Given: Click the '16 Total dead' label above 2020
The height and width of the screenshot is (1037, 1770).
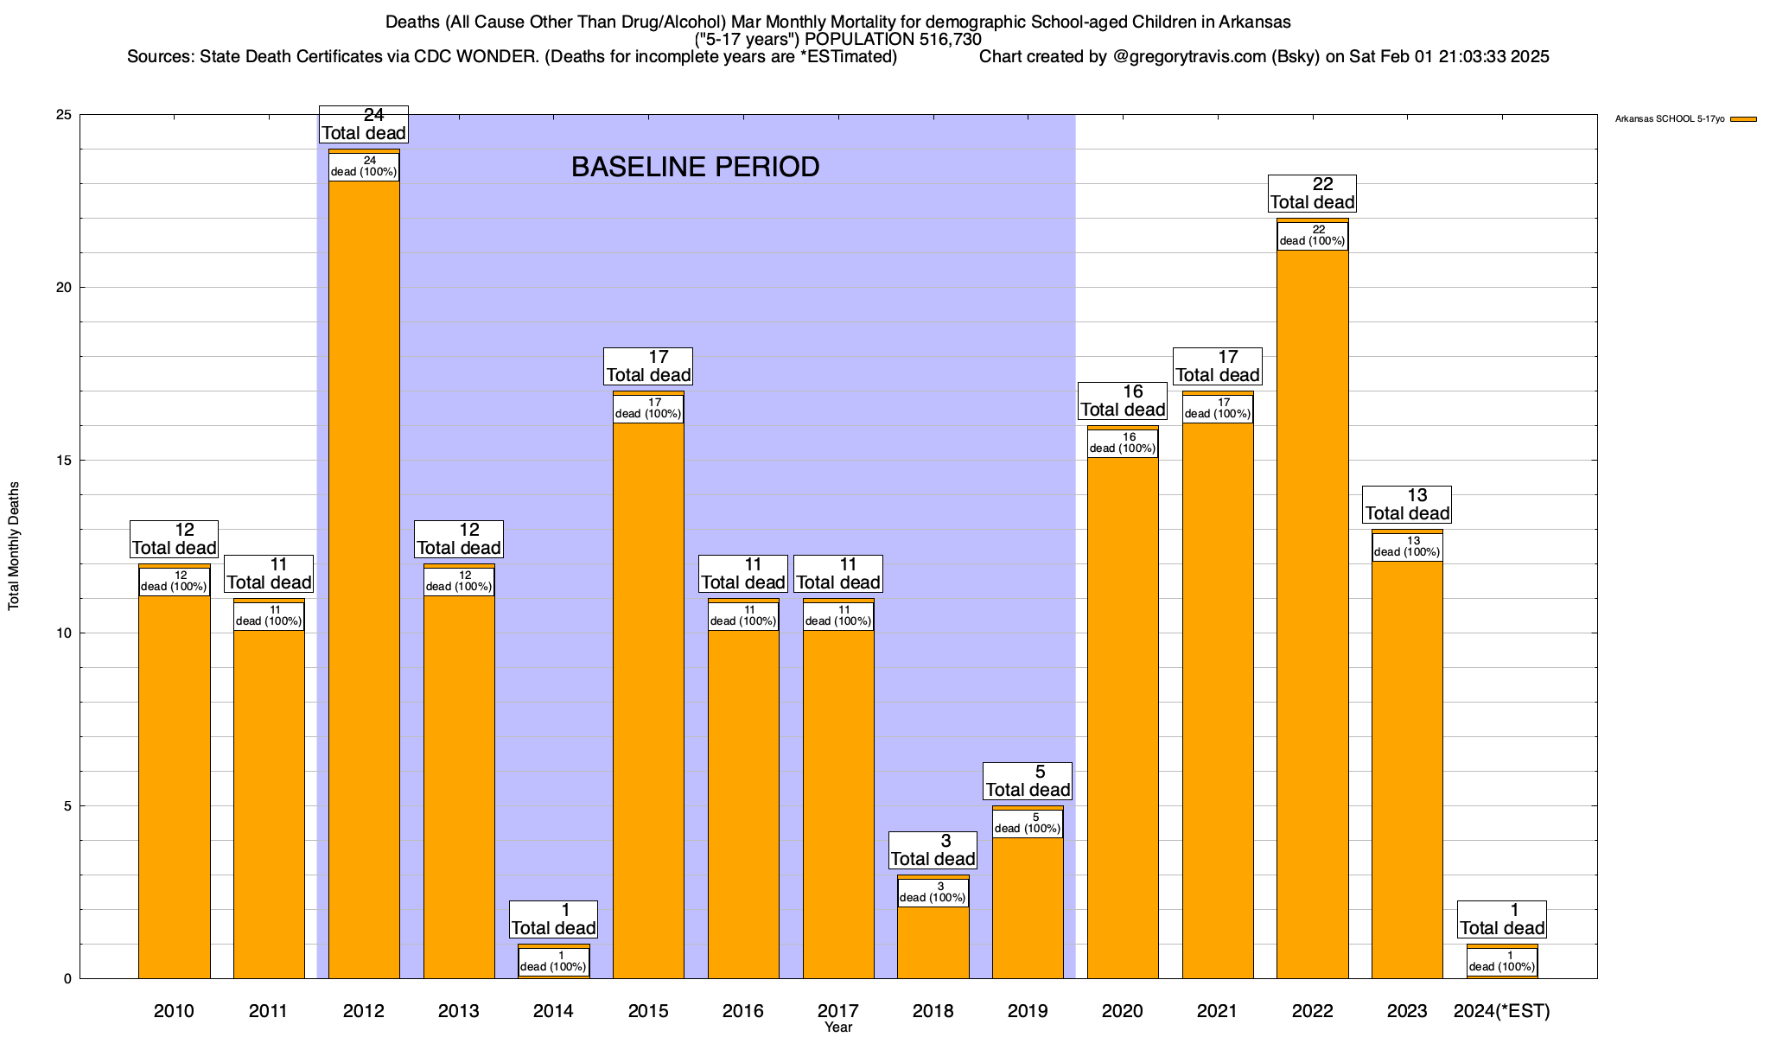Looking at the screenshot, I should [x=1123, y=401].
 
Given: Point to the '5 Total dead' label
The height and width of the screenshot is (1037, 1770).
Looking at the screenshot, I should [x=1028, y=781].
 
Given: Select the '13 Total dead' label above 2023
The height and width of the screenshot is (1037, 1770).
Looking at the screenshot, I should [x=1407, y=505].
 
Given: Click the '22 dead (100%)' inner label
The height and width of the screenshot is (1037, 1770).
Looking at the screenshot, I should [x=1312, y=236].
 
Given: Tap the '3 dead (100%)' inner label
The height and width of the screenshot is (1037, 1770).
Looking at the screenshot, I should [x=933, y=893].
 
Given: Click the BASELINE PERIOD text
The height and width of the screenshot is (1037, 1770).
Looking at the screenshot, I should [x=695, y=167].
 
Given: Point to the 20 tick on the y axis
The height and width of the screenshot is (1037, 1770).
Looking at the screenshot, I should [x=65, y=288].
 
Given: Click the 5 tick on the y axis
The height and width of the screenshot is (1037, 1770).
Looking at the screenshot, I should [x=68, y=806].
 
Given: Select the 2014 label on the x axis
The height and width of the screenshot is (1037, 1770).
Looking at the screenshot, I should [x=553, y=1011].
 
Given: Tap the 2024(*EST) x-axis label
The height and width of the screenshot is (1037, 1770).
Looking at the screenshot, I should [x=1502, y=1011].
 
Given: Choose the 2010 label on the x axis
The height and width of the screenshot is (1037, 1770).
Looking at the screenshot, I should [x=174, y=1011].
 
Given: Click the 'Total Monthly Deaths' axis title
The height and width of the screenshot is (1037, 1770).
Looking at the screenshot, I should [x=14, y=546].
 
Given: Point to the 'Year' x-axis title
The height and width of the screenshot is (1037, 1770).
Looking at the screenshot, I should [x=837, y=1027].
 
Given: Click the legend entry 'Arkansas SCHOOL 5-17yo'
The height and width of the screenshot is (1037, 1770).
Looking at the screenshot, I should [x=1670, y=119].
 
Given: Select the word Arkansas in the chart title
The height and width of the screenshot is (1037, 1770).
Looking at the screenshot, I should [x=1255, y=22].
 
